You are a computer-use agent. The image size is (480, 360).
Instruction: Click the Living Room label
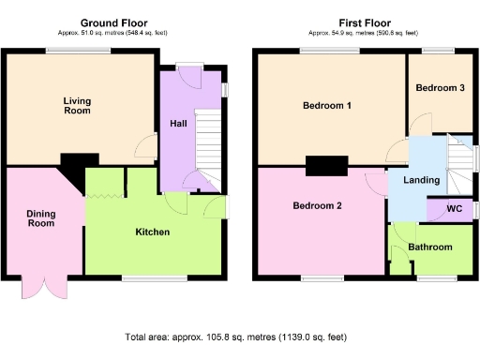(77, 105)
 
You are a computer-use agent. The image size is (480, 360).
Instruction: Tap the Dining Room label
(40, 217)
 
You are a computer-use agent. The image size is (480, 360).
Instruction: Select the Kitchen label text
(153, 231)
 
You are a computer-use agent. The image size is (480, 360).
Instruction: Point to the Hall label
(177, 124)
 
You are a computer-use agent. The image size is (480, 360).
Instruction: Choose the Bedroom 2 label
(316, 206)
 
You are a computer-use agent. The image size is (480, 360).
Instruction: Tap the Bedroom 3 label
(440, 87)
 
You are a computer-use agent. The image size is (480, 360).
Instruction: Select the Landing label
(416, 180)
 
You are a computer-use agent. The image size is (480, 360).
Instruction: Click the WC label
(454, 208)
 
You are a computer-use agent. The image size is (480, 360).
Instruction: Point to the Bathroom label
(430, 247)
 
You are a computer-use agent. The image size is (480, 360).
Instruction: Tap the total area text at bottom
(240, 337)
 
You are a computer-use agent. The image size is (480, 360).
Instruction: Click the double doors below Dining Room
(40, 285)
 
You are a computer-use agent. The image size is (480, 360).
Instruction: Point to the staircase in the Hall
(209, 141)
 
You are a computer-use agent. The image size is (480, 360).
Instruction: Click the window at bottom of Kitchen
(150, 277)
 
